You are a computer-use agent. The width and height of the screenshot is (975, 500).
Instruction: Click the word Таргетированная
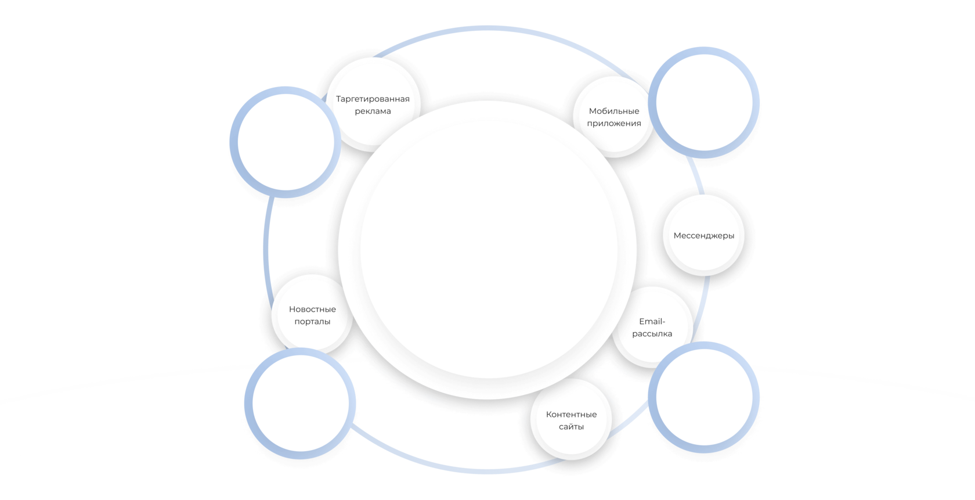373,99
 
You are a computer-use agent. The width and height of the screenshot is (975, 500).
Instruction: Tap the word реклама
373,111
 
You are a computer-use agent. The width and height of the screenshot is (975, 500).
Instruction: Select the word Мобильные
614,111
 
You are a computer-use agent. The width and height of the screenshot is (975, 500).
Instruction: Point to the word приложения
614,123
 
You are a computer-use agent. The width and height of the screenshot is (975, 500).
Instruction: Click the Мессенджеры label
704,236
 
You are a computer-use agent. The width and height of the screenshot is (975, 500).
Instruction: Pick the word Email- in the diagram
652,322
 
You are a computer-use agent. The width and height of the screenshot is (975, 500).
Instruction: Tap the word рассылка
652,334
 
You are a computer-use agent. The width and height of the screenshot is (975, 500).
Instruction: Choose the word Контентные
571,415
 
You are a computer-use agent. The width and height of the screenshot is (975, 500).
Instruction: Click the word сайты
571,427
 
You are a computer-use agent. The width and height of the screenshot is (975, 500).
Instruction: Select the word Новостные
312,310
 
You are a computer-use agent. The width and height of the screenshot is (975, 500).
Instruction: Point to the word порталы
312,322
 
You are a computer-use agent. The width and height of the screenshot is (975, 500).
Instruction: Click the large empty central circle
488,250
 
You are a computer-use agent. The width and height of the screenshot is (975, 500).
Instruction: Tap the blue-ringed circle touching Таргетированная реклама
285,142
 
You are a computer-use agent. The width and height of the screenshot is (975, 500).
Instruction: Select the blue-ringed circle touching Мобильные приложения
704,102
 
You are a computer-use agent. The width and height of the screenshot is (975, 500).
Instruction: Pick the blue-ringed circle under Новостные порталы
300,403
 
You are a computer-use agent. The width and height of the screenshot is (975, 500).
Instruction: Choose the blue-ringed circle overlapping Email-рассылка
704,397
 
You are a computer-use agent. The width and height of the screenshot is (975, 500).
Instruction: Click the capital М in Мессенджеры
677,236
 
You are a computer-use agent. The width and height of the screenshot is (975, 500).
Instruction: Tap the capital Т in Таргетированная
339,99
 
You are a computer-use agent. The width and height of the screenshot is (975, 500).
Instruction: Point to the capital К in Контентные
549,415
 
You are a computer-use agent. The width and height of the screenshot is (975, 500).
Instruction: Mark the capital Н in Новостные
292,310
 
